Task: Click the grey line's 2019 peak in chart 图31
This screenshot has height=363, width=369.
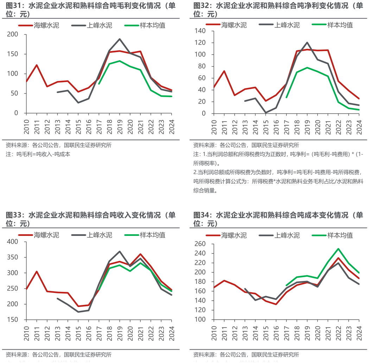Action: (120, 39)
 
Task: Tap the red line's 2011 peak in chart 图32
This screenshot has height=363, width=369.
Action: (224, 71)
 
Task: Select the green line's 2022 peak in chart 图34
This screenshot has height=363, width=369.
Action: (338, 249)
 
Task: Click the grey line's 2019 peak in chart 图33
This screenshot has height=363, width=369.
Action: (120, 251)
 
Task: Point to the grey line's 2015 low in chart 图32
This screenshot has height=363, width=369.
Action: (266, 113)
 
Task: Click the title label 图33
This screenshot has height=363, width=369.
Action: (14, 215)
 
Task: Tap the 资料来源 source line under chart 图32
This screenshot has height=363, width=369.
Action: (246, 145)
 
